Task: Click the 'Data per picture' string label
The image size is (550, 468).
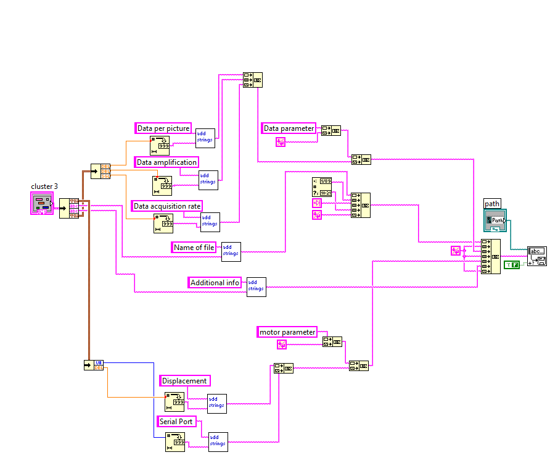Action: pyautogui.click(x=163, y=128)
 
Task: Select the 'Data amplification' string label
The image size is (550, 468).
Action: pyautogui.click(x=166, y=162)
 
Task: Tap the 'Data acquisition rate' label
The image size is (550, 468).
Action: pyautogui.click(x=167, y=206)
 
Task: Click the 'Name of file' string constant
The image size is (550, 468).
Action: pyautogui.click(x=194, y=248)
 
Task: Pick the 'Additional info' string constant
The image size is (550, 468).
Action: pyautogui.click(x=215, y=282)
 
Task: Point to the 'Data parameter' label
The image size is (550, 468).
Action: pyautogui.click(x=289, y=128)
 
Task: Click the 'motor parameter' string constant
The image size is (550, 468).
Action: pyautogui.click(x=287, y=332)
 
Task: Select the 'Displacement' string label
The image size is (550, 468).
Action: pyautogui.click(x=184, y=380)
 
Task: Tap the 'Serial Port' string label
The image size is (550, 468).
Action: pyautogui.click(x=177, y=422)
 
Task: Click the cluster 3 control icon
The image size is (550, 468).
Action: pyautogui.click(x=43, y=203)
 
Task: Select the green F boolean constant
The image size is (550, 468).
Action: pyautogui.click(x=512, y=264)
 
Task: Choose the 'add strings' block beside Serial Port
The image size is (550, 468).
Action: pyautogui.click(x=218, y=441)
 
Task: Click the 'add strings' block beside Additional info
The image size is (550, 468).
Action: pyautogui.click(x=257, y=286)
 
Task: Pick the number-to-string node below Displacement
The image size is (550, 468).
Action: pyautogui.click(x=174, y=402)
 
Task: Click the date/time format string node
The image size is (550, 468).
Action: pyautogui.click(x=322, y=186)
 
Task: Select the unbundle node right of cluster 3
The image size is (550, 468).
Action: pyautogui.click(x=68, y=208)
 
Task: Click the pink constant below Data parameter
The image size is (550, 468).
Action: pyautogui.click(x=281, y=142)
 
